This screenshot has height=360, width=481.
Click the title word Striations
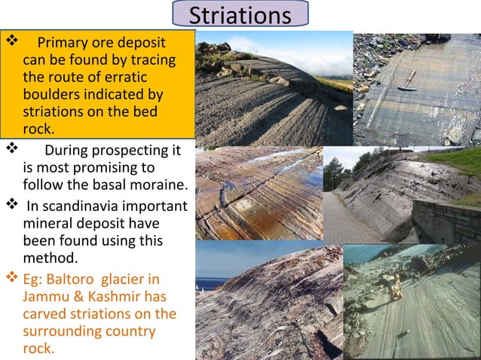point(240,15)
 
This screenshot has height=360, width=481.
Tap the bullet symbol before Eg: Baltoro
point(10,279)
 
